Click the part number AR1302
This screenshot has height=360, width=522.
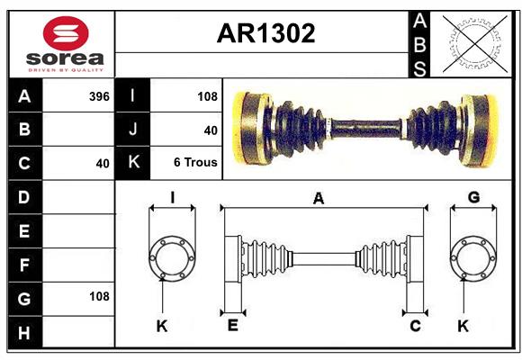point(266,33)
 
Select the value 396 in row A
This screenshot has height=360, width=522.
point(100,95)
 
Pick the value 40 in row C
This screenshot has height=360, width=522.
point(102,164)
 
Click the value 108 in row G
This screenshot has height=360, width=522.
point(99,296)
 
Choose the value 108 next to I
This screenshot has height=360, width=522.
point(207,95)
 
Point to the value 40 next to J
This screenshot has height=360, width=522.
point(211,130)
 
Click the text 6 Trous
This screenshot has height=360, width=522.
point(195,164)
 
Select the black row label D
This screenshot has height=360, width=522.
point(23,197)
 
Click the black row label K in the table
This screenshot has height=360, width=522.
point(133,164)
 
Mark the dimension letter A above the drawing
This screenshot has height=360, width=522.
point(318,199)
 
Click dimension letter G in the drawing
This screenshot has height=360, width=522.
point(473,198)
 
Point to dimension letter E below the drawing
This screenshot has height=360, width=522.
point(232,326)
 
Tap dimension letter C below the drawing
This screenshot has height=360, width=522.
point(415,326)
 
